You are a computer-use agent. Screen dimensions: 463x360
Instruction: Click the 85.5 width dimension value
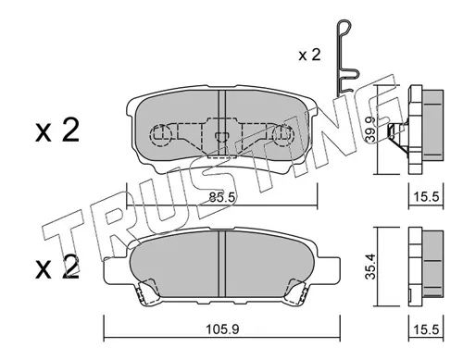[222, 197]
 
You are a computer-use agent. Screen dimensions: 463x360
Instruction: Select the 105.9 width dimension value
[222, 329]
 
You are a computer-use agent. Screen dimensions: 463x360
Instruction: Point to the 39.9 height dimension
[370, 130]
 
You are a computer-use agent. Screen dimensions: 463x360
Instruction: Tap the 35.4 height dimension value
[370, 267]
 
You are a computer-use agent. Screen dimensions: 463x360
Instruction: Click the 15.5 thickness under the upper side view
[426, 196]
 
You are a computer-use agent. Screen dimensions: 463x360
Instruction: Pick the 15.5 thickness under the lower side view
[426, 329]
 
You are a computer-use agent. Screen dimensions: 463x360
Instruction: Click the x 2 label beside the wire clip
[309, 55]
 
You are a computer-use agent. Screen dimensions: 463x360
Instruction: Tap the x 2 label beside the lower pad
[57, 267]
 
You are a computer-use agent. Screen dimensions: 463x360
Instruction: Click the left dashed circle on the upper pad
[160, 135]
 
